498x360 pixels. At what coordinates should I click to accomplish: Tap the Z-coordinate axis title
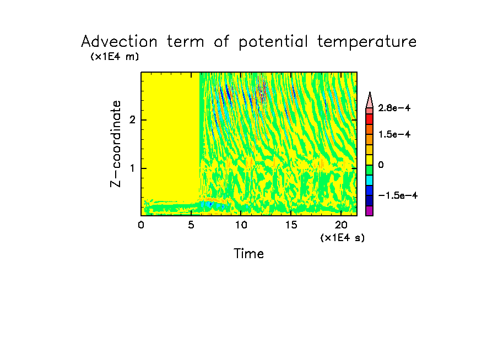[116, 144]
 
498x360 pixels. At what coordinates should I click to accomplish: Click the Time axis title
[249, 254]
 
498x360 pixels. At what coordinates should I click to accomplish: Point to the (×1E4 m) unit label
[115, 57]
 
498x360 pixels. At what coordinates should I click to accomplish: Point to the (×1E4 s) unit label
[342, 238]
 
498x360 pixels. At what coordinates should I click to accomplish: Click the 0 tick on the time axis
[141, 225]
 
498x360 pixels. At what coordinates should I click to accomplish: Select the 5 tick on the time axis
[191, 225]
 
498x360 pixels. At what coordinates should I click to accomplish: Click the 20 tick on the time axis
[341, 225]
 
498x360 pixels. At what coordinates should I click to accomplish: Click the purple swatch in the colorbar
[370, 211]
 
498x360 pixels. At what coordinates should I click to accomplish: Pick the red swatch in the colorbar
[370, 118]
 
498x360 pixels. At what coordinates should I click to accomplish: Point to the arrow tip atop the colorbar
[370, 94]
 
